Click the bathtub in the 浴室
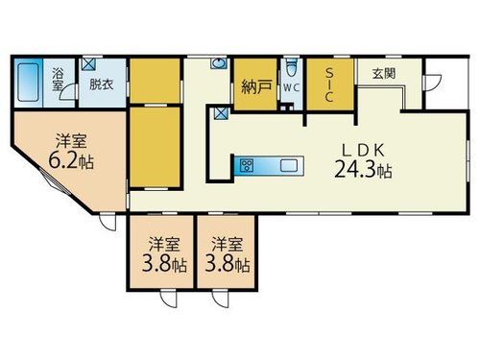point(28,83)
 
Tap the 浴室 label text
point(58,80)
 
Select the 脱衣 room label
point(101,84)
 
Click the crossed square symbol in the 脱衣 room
point(88,63)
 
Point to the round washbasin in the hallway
point(219,63)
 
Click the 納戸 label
point(256,86)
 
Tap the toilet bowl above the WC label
point(291,67)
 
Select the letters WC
point(291,88)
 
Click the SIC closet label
point(329,85)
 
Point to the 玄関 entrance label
point(384,74)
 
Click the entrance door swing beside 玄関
point(433,83)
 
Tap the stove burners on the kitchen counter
point(247,165)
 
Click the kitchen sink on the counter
point(289,166)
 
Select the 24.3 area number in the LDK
point(354,169)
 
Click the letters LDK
point(363,151)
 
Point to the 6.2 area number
point(63,160)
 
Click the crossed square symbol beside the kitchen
point(222,113)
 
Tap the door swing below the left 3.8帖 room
point(169,299)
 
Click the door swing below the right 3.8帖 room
point(221,299)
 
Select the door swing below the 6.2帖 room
point(108,222)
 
